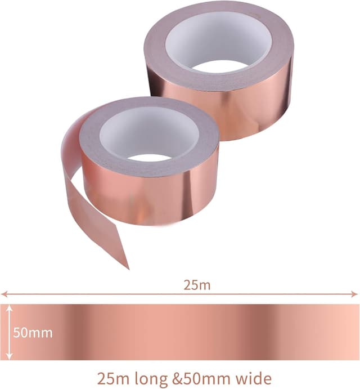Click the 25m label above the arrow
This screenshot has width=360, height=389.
[196, 285]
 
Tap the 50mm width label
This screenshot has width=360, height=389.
[33, 332]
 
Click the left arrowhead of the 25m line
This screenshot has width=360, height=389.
[3, 294]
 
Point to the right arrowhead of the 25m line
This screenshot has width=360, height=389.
[355, 294]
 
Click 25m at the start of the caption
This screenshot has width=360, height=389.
[111, 377]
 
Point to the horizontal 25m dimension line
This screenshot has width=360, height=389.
[112, 294]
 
